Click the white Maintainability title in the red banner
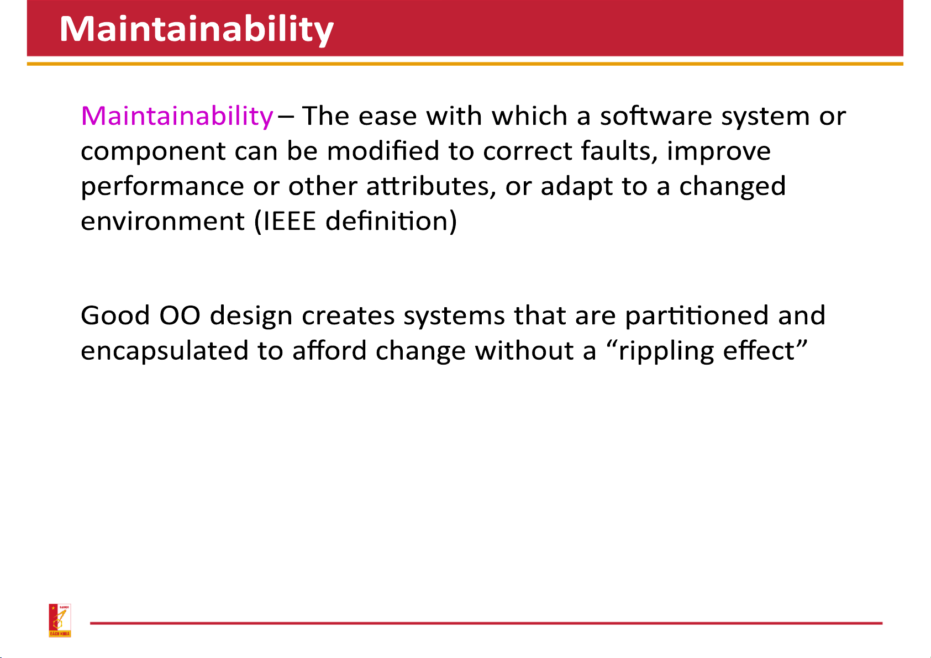(x=197, y=29)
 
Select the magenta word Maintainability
(x=177, y=117)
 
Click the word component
(x=153, y=152)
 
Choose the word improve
(x=719, y=151)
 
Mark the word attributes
(x=431, y=186)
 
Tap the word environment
(x=162, y=221)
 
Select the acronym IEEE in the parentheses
(x=290, y=221)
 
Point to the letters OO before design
(x=180, y=315)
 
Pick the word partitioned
(x=697, y=317)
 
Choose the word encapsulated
(x=164, y=351)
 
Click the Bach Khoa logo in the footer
(x=60, y=620)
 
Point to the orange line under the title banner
(x=465, y=64)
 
